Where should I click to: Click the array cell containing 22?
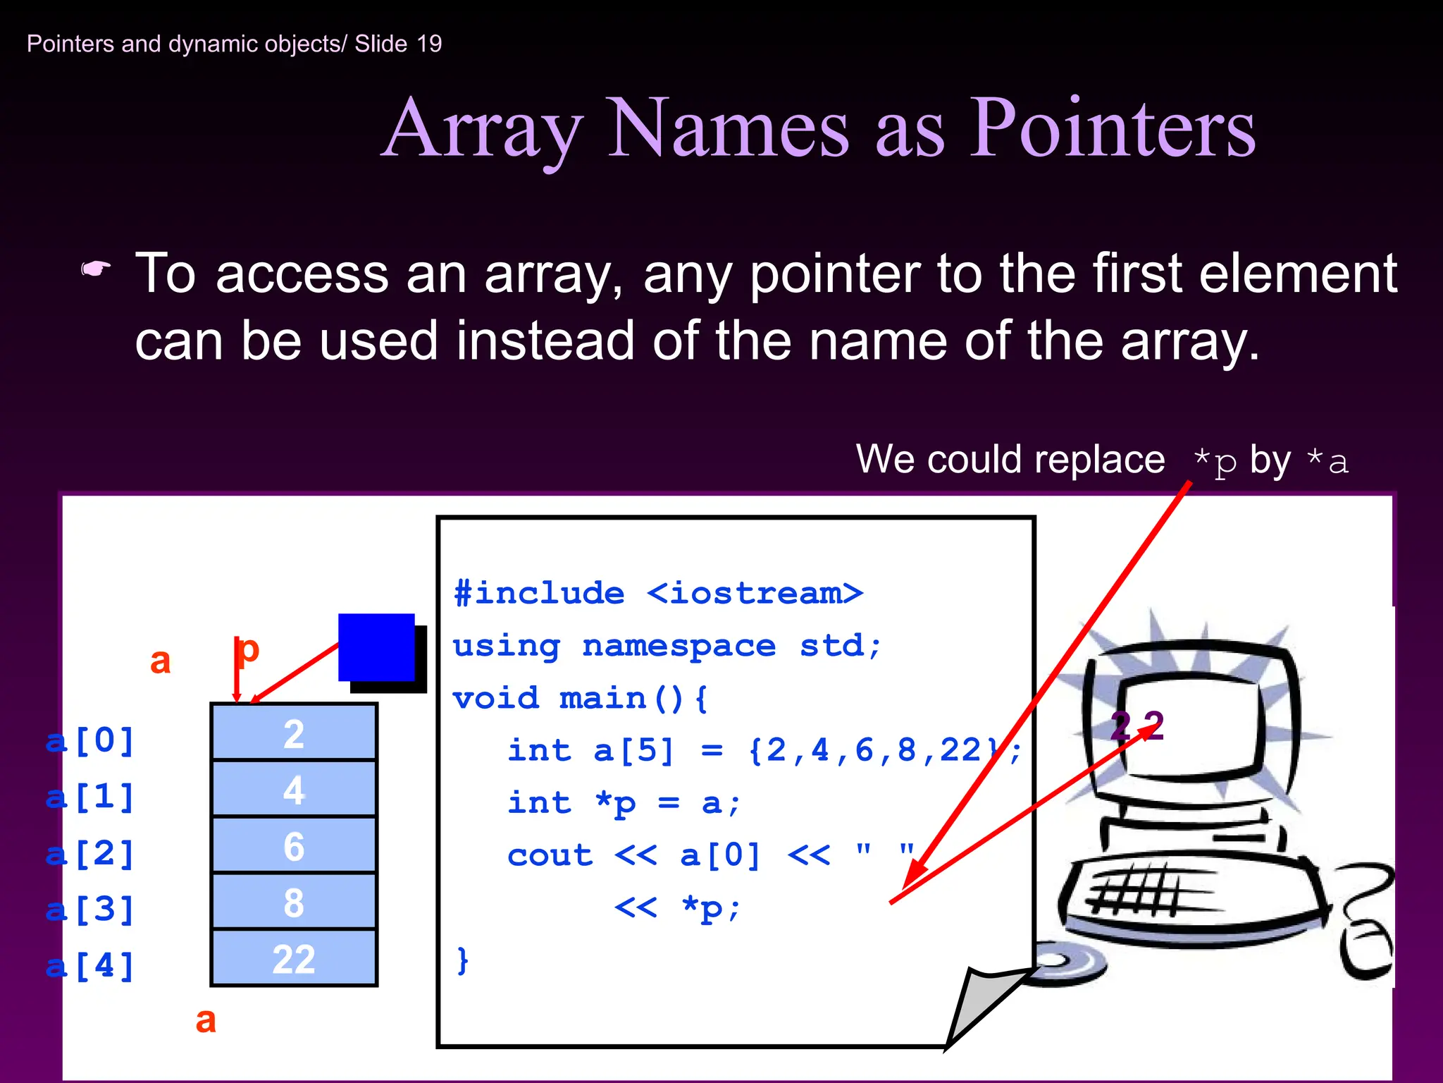click(294, 959)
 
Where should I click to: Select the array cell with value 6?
click(294, 846)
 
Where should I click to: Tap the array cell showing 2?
click(294, 734)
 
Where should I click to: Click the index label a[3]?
click(90, 910)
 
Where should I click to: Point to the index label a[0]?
click(90, 741)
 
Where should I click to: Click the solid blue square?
click(376, 647)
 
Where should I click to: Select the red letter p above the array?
click(247, 649)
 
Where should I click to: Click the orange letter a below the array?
click(206, 1020)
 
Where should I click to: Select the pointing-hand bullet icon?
click(96, 269)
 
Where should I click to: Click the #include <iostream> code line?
click(658, 594)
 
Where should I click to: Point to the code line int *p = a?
click(623, 803)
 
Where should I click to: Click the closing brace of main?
click(462, 960)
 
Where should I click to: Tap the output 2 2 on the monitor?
click(1137, 726)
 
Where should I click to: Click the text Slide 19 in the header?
click(398, 44)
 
